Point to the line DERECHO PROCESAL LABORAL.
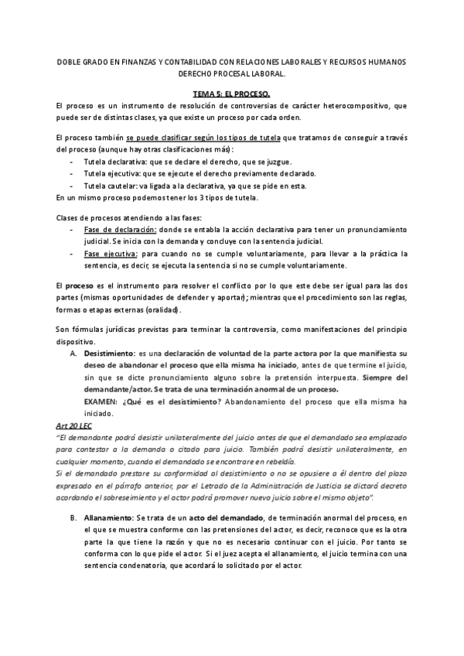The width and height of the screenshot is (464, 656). click(x=232, y=74)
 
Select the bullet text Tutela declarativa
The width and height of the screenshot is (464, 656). click(x=113, y=162)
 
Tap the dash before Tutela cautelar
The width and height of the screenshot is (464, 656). click(x=71, y=186)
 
